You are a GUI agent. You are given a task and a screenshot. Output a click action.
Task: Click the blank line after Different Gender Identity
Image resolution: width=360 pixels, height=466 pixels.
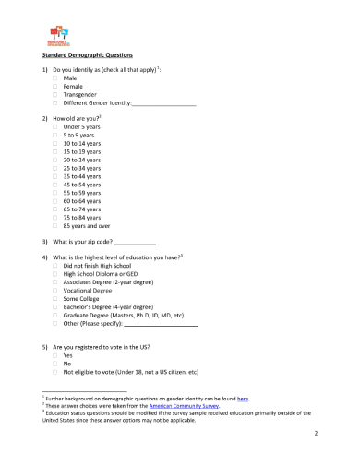164,104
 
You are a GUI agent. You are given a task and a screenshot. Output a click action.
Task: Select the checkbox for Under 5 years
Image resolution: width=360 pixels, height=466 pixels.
55,128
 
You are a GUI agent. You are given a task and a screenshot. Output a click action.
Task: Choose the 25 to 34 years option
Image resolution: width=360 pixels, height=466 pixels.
55,169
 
